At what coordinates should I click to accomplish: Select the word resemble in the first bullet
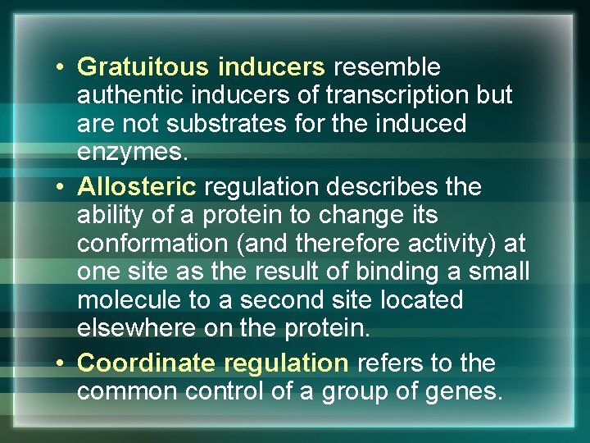[387, 67]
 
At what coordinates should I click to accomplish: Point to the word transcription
[398, 96]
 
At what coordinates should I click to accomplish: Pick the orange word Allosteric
[137, 187]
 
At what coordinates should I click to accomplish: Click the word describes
[394, 187]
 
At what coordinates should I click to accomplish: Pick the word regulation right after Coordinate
[285, 363]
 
